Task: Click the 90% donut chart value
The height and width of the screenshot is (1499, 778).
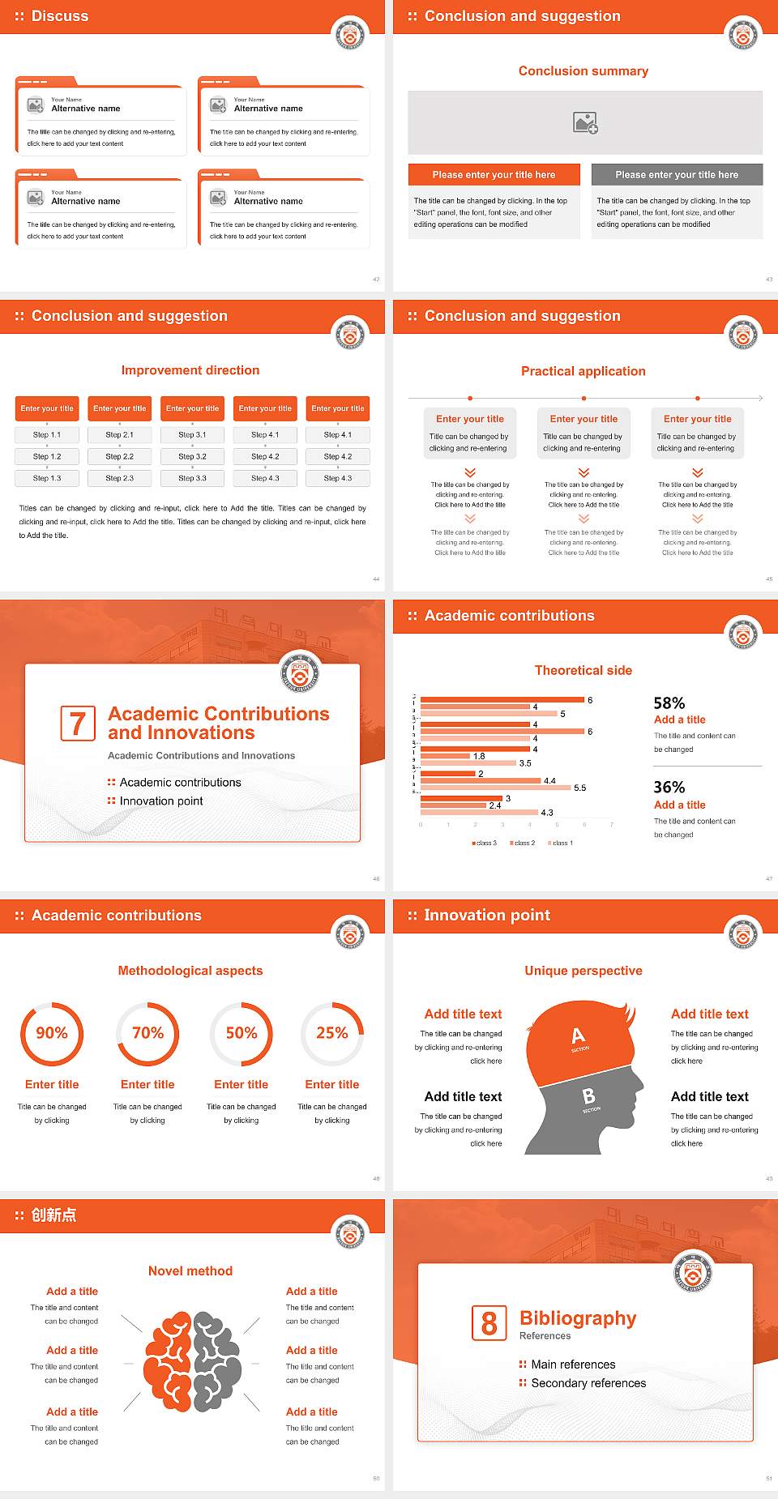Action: click(x=52, y=1033)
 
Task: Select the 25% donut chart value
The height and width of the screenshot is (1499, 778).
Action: click(x=332, y=1033)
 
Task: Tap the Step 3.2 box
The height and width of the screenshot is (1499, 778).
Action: click(x=193, y=457)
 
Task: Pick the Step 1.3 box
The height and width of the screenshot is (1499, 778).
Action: click(x=47, y=479)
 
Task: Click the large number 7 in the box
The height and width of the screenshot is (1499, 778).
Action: click(x=78, y=724)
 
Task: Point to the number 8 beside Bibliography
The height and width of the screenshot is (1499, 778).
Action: click(x=489, y=1323)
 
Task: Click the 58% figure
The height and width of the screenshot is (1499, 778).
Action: click(x=669, y=703)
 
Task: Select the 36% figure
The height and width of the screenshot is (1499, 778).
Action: click(x=669, y=788)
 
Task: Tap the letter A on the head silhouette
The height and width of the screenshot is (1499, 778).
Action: click(x=578, y=1036)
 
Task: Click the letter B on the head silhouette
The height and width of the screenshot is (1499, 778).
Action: click(x=589, y=1096)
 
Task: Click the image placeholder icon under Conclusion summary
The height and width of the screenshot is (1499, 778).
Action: click(x=585, y=122)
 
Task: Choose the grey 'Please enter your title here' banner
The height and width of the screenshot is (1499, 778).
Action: click(x=677, y=175)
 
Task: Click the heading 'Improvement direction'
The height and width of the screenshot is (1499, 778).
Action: click(x=190, y=370)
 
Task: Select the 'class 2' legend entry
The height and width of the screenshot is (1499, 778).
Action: click(x=523, y=843)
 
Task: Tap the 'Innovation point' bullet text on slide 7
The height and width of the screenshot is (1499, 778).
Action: click(x=161, y=801)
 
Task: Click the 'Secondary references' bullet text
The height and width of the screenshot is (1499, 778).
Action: click(x=588, y=1383)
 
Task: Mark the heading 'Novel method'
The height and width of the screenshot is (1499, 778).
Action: click(x=190, y=1271)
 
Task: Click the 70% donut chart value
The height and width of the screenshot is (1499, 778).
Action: click(x=147, y=1033)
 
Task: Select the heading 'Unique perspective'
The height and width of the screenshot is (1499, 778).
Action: click(x=583, y=971)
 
